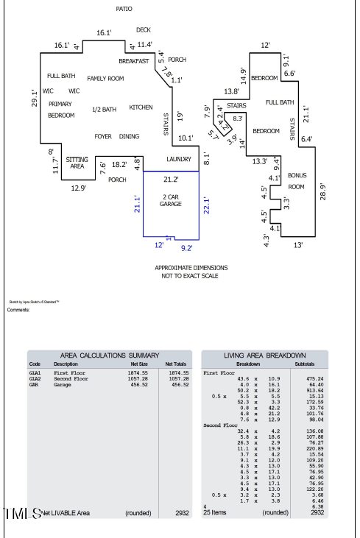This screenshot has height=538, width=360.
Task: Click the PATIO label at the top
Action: pos(124,9)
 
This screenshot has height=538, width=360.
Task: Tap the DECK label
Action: pos(143,30)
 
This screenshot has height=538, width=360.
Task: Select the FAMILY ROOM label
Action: pos(105,79)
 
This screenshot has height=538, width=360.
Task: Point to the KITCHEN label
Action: pos(141,107)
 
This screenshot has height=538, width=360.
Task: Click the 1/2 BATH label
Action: pos(104,110)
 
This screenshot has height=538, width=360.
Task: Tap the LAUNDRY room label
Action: pos(179,159)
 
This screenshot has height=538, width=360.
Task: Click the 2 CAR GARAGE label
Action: pos(171,200)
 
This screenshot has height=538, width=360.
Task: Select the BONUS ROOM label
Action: pos(297,181)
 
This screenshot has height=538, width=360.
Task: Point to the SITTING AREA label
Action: pos(77,163)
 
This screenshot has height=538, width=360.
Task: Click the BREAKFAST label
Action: pos(134,61)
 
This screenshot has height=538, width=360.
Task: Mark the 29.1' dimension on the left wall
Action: pos(34,98)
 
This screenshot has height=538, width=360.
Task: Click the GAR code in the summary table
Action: pos(34,384)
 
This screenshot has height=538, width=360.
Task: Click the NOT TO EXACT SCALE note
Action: pos(191,276)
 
